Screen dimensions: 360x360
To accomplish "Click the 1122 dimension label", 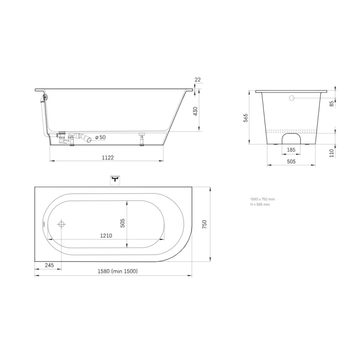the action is (108, 158).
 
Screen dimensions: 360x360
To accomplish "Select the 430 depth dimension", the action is (195, 111).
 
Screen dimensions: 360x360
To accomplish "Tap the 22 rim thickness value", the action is (198, 80).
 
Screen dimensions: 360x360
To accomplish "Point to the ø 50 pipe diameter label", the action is (100, 137).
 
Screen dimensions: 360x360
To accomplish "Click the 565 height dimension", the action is (246, 118).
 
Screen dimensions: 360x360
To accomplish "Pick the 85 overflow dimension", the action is (332, 104).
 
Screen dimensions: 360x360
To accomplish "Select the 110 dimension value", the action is (332, 153).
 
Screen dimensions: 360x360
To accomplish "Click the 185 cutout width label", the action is (291, 150).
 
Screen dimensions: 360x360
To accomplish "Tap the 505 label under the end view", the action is (291, 162).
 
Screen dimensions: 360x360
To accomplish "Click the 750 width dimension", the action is (204, 224).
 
